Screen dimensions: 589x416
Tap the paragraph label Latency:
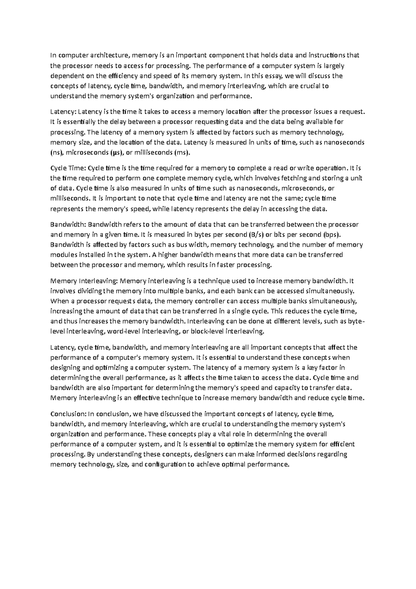point(63,112)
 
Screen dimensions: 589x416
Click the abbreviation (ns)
point(57,152)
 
